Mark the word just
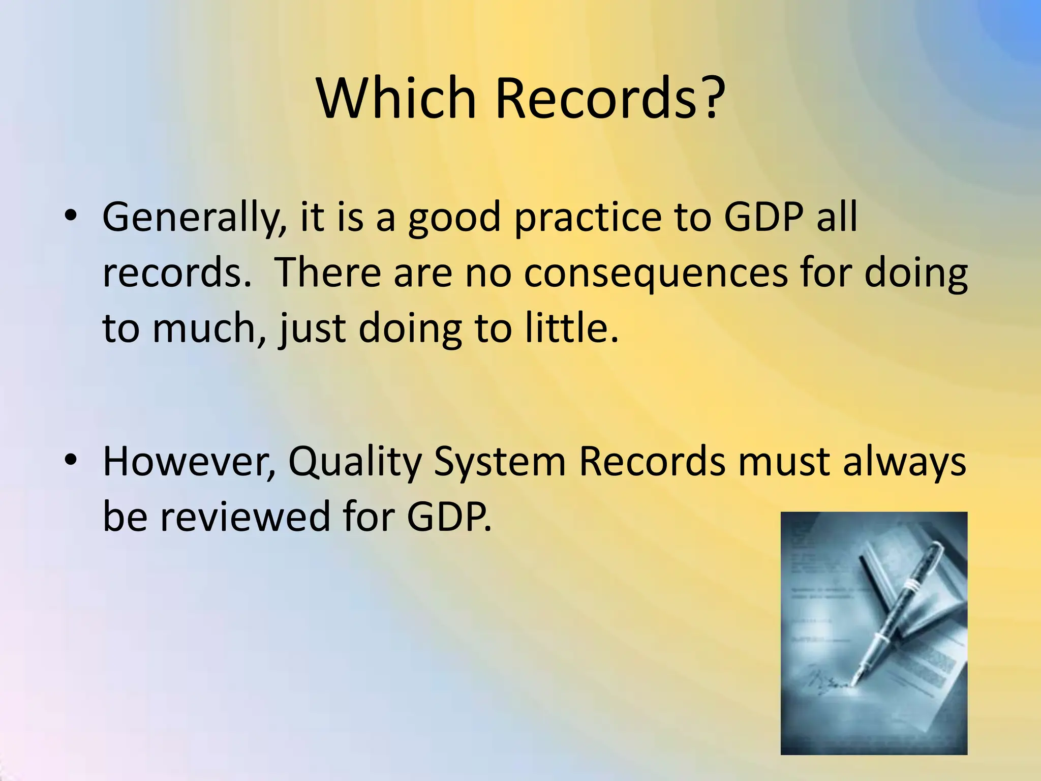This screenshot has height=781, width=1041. click(312, 329)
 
